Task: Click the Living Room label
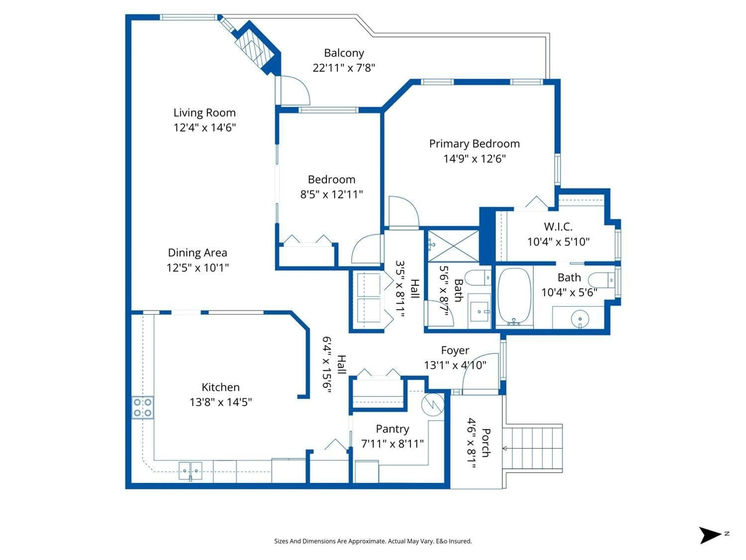pyautogui.click(x=204, y=113)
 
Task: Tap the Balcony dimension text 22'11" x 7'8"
pyautogui.click(x=344, y=68)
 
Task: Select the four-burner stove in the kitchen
pyautogui.click(x=142, y=407)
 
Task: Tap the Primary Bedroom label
pyautogui.click(x=474, y=144)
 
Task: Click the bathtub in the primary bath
pyautogui.click(x=514, y=296)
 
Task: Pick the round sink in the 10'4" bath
pyautogui.click(x=580, y=318)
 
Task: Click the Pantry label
pyautogui.click(x=392, y=429)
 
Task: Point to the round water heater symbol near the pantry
pyautogui.click(x=432, y=404)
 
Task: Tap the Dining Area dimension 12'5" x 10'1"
pyautogui.click(x=198, y=268)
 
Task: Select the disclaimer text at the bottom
pyautogui.click(x=373, y=541)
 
